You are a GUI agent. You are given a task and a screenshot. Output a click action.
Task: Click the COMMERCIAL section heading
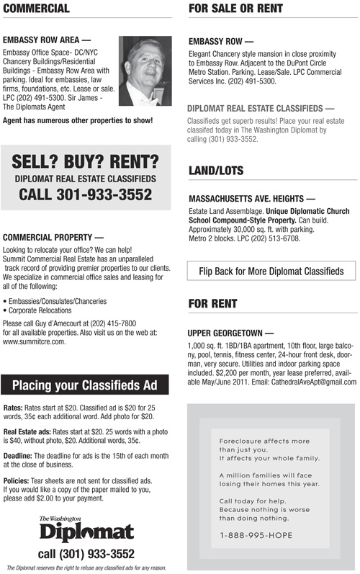pyautogui.click(x=37, y=9)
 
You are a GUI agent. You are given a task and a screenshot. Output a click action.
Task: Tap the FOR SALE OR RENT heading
pyautogui.click(x=235, y=9)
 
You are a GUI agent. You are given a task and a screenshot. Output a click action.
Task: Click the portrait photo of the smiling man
pyautogui.click(x=144, y=71)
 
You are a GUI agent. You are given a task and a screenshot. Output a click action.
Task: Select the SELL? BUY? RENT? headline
pyautogui.click(x=86, y=159)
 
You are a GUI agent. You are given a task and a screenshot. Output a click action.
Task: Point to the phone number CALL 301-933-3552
pyautogui.click(x=86, y=194)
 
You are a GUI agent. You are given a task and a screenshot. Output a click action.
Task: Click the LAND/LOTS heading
pyautogui.click(x=216, y=171)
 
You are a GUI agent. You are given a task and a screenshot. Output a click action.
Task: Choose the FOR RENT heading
pyautogui.click(x=212, y=304)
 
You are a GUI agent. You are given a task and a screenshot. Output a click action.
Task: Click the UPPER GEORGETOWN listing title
pyautogui.click(x=230, y=334)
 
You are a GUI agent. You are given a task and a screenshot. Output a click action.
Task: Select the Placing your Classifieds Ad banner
pyautogui.click(x=86, y=385)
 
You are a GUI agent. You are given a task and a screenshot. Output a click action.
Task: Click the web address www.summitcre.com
pyautogui.click(x=35, y=341)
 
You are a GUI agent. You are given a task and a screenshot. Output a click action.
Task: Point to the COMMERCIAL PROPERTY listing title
pyautogui.click(x=53, y=236)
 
